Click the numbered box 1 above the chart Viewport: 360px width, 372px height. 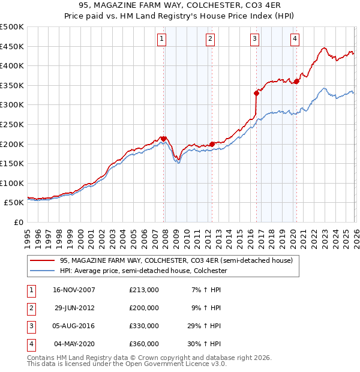(163, 40)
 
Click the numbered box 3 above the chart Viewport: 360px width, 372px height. (255, 40)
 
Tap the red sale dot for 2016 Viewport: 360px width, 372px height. (256, 93)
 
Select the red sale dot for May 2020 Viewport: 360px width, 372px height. (296, 82)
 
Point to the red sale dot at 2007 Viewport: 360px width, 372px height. (164, 139)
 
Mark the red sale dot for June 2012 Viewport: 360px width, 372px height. (212, 144)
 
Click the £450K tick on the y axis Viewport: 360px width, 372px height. (12, 46)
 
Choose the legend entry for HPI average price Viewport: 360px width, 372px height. (143, 271)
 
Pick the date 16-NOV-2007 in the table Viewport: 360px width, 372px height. (74, 290)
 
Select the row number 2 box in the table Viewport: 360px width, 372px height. (31, 308)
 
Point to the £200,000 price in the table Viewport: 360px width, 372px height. (144, 308)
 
